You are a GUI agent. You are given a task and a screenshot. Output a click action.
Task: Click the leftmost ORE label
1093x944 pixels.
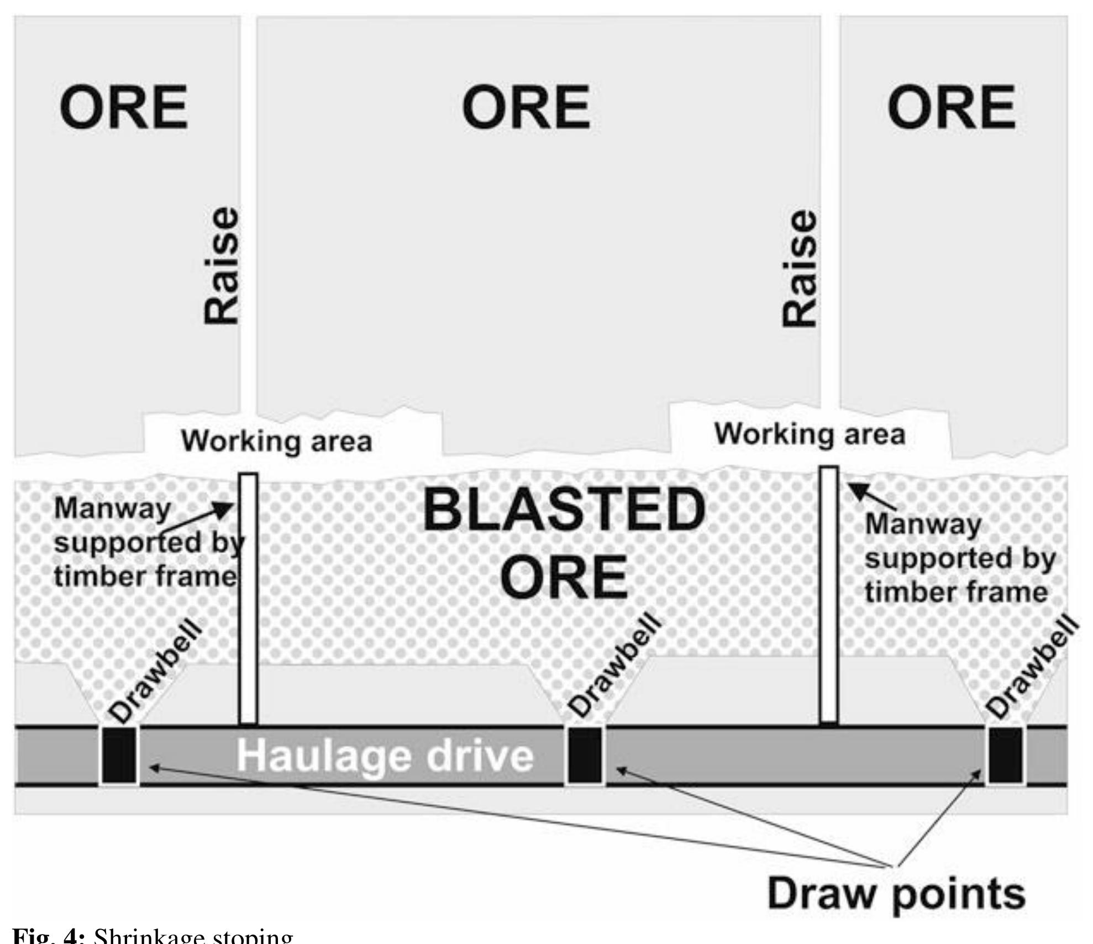124,107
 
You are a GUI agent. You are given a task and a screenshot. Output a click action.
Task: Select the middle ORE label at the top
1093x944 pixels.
526,107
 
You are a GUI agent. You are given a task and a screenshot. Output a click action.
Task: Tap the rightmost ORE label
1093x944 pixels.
952,107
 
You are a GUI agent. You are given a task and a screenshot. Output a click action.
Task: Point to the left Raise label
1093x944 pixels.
221,266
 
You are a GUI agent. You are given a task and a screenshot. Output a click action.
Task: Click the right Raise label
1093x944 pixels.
799,269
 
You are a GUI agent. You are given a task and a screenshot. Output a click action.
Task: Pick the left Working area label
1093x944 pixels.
277,442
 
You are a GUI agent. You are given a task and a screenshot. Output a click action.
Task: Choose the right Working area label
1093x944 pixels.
810,434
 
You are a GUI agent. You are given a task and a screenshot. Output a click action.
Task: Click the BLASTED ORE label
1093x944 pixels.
564,543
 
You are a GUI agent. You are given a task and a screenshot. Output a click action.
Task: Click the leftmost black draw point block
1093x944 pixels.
119,755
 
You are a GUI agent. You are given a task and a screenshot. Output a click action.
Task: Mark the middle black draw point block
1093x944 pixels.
585,755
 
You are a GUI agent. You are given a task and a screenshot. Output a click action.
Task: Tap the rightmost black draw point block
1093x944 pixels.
1005,755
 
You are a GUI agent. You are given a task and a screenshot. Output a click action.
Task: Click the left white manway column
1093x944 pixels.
248,599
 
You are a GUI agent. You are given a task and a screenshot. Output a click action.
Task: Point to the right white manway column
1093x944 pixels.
828,594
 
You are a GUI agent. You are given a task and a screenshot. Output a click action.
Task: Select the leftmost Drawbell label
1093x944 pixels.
155,670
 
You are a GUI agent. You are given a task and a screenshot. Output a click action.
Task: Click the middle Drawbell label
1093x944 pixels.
615,667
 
